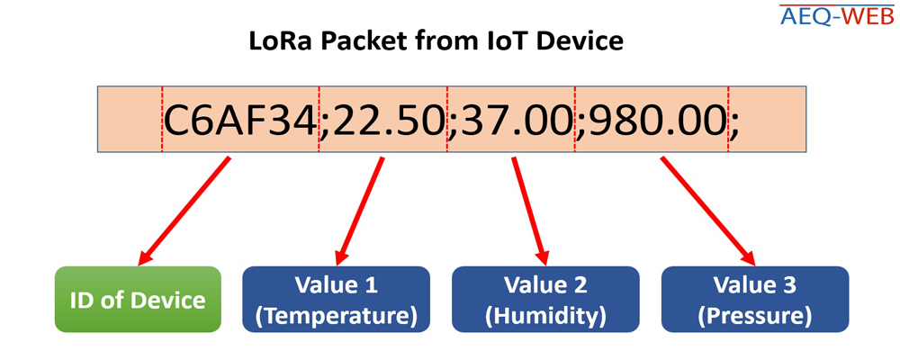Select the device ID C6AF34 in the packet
(x=240, y=120)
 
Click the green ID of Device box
(x=138, y=299)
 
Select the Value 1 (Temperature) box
(x=337, y=299)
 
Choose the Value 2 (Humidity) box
(x=545, y=299)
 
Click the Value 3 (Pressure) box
(x=755, y=299)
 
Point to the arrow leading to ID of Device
(x=184, y=211)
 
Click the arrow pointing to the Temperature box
(x=360, y=211)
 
